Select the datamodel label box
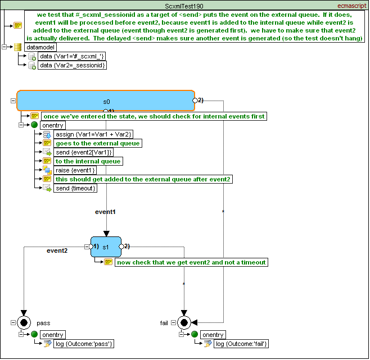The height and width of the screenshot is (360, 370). pyautogui.click(x=40, y=47)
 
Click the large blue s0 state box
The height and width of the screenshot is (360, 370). pyautogui.click(x=106, y=101)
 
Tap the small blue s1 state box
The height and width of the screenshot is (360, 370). pyautogui.click(x=106, y=247)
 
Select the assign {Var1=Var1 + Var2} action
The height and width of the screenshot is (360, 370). pyautogui.click(x=93, y=134)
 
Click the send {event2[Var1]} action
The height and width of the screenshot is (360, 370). pyautogui.click(x=84, y=152)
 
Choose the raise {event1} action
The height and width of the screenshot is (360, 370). pyautogui.click(x=75, y=170)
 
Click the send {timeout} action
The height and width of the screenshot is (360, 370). pyautogui.click(x=75, y=188)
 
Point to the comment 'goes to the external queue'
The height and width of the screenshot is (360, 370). pyautogui.click(x=97, y=143)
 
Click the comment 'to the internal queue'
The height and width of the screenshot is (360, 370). pyautogui.click(x=88, y=161)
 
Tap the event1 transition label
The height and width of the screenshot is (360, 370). pyautogui.click(x=105, y=212)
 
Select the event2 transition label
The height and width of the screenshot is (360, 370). pyautogui.click(x=57, y=250)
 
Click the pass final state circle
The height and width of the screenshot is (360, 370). pyautogui.click(x=24, y=322)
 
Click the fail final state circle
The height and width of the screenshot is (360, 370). pyautogui.click(x=184, y=322)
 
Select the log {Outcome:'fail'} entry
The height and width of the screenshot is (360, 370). pyautogui.click(x=241, y=344)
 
